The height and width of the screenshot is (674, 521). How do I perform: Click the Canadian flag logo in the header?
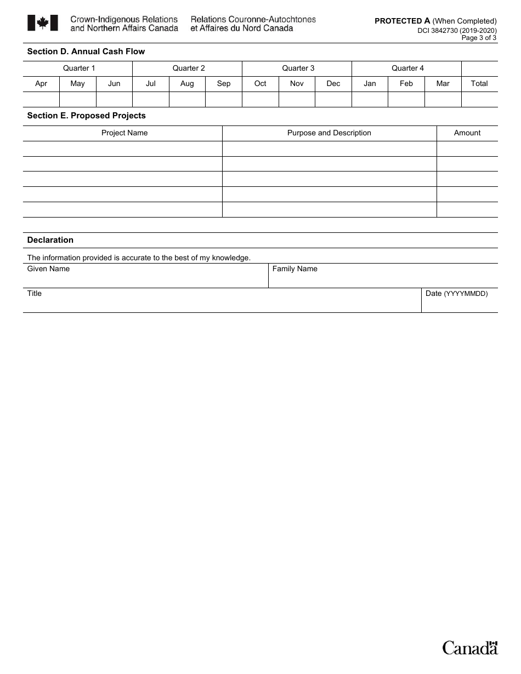click(42, 22)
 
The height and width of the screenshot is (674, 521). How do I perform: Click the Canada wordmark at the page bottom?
click(470, 648)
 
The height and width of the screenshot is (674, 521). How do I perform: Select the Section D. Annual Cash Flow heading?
click(86, 52)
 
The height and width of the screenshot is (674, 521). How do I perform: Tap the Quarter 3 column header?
click(298, 68)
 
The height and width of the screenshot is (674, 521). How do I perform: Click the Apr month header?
click(41, 83)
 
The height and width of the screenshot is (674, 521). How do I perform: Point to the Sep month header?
click(224, 83)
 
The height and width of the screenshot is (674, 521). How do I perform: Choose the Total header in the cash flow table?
click(479, 83)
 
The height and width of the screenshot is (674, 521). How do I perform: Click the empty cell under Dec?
click(333, 99)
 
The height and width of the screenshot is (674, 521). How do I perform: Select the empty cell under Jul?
click(151, 99)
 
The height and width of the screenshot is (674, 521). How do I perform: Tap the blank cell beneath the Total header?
click(479, 99)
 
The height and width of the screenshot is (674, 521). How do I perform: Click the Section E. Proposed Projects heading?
click(87, 116)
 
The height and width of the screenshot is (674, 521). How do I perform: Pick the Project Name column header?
click(124, 133)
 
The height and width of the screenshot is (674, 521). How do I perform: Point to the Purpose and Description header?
click(329, 133)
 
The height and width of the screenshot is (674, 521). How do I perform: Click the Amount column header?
click(467, 133)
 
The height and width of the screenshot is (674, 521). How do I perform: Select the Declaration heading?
click(50, 240)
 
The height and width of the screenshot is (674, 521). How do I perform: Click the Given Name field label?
click(48, 269)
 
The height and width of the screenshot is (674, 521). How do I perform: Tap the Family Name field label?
click(295, 269)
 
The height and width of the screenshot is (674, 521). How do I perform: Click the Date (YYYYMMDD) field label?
click(456, 293)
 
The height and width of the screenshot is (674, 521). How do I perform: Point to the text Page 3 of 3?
click(479, 38)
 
